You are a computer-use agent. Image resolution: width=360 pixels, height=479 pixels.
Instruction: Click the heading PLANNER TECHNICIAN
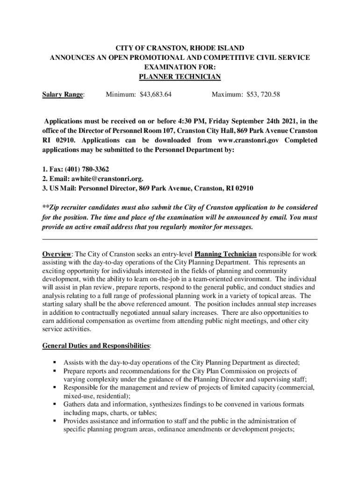pos(180,77)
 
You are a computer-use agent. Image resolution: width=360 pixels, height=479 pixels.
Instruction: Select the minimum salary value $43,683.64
pos(155,95)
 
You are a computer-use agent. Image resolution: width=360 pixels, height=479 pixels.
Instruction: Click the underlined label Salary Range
pos(63,95)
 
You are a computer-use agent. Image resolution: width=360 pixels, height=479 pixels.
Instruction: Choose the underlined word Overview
pos(57,254)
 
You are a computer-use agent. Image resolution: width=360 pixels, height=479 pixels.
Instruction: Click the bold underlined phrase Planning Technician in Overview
pos(225,254)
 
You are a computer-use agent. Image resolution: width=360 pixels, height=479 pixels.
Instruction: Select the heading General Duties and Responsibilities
pos(96,346)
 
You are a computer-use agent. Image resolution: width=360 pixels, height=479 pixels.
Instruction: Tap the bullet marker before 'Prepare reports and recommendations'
pos(55,371)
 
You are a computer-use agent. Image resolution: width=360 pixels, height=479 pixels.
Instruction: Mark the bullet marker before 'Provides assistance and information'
pos(55,421)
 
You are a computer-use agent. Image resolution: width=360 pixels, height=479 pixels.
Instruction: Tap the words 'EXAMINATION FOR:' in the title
pos(180,67)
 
